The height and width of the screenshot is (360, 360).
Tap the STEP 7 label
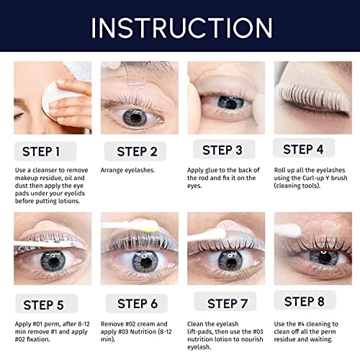point(225,302)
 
